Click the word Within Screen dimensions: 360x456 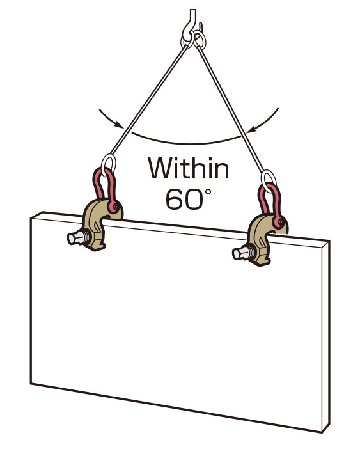tap(189, 168)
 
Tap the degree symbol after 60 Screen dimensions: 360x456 tap(208, 193)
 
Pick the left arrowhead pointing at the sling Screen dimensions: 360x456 tap(119, 125)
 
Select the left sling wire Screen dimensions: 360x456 tap(148, 100)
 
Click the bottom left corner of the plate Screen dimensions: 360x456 tap(31, 384)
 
